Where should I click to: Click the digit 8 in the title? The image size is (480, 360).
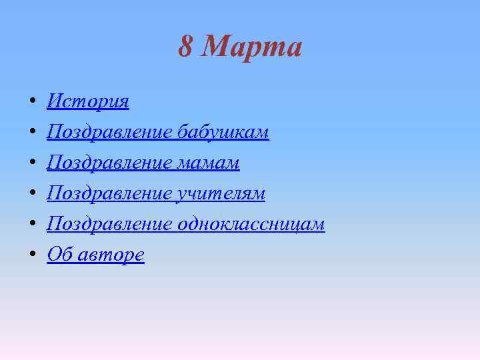click(x=186, y=47)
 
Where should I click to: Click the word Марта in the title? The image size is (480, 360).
click(x=251, y=47)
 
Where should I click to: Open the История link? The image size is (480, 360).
click(x=88, y=101)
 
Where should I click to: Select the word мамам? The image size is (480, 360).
click(x=209, y=163)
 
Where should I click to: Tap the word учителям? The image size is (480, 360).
click(x=221, y=193)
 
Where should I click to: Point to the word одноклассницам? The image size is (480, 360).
click(x=251, y=224)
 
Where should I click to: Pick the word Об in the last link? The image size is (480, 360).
click(x=58, y=255)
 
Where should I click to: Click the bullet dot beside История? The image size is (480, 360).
click(x=33, y=103)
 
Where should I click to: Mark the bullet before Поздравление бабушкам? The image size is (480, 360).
click(x=33, y=133)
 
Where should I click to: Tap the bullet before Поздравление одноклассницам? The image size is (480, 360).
click(x=33, y=225)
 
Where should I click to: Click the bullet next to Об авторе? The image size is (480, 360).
click(x=33, y=256)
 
